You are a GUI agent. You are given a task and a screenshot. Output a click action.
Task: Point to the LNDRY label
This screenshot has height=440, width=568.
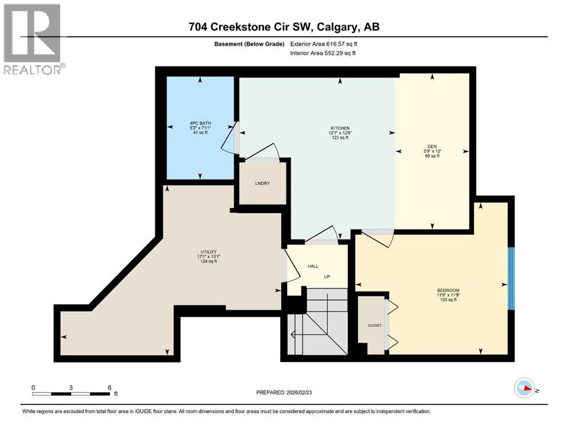tap(262, 183)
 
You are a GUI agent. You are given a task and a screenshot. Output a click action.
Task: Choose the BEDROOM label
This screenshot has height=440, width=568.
tap(448, 290)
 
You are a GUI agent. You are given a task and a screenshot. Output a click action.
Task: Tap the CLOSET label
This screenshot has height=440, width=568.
tap(374, 325)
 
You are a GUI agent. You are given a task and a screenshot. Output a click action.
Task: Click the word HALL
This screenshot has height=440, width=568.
tap(313, 266)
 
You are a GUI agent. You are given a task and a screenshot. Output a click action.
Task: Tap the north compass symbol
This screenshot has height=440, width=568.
tap(525, 388)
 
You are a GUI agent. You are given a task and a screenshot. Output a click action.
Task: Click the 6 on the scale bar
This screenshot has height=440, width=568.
tap(109, 387)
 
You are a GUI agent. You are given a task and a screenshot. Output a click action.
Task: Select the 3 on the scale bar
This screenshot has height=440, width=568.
tap(71, 387)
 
